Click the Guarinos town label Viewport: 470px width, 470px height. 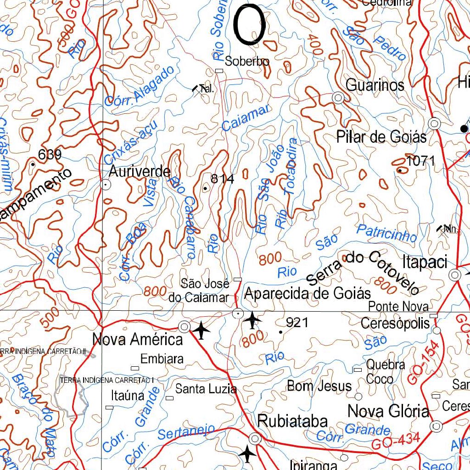375,85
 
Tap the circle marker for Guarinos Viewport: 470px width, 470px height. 338,98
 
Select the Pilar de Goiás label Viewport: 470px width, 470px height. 381,137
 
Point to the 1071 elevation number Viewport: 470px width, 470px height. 420,161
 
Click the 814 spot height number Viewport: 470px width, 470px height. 222,179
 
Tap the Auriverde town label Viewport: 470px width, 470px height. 140,171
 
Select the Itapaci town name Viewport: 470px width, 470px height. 425,263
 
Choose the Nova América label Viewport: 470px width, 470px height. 137,340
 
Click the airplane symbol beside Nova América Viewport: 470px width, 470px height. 201,330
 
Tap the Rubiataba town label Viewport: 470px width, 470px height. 292,421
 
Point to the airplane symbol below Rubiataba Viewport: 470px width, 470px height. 248,454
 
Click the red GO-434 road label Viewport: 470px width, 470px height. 396,442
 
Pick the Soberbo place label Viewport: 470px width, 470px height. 247,61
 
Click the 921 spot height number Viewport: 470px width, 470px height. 297,323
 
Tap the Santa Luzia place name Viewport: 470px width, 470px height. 206,389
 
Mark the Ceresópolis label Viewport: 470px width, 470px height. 395,323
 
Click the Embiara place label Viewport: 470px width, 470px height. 162,359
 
